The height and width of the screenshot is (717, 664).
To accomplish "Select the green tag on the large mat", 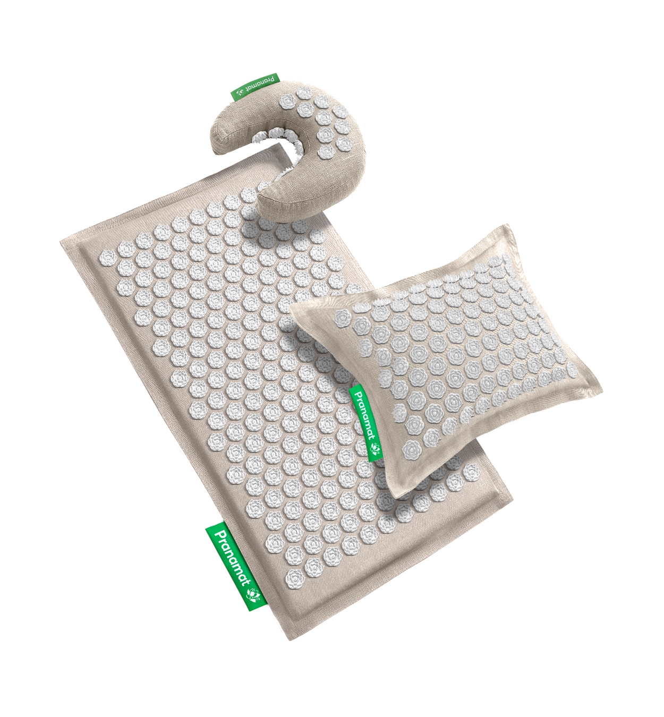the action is (236, 566).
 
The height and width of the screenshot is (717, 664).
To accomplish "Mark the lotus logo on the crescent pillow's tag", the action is (240, 95).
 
